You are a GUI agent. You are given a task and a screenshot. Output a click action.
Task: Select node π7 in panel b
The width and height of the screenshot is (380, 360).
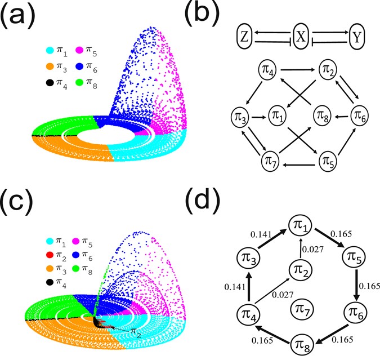[271, 159]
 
